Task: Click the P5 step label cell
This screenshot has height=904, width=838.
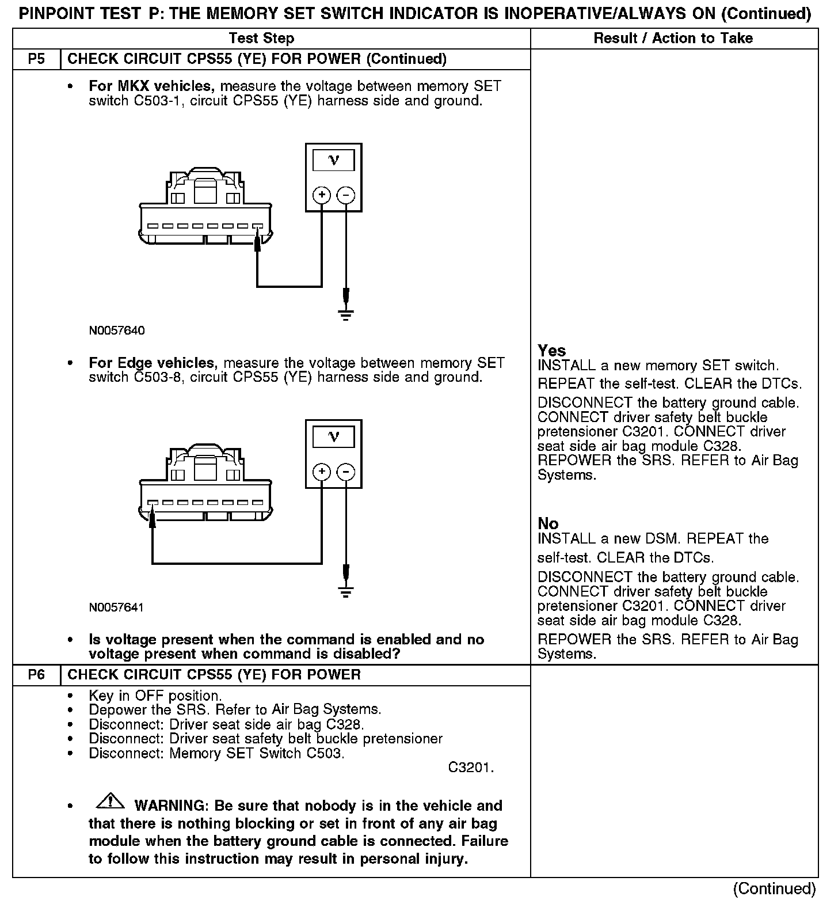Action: point(36,59)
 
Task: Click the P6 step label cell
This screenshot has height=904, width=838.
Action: point(36,675)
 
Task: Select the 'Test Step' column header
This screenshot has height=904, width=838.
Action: point(261,39)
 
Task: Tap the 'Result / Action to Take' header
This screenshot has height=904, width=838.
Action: point(673,39)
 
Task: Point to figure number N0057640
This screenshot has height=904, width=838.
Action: point(117,331)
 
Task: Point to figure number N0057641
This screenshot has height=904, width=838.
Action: point(117,607)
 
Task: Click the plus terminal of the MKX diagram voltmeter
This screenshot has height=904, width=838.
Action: point(322,195)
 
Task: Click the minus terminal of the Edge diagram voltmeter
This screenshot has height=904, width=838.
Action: point(345,472)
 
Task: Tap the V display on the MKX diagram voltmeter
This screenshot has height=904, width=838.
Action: point(333,161)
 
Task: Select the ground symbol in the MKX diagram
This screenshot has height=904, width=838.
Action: point(345,314)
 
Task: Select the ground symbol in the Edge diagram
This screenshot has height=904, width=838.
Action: point(345,591)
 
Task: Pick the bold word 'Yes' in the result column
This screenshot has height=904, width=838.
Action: point(551,351)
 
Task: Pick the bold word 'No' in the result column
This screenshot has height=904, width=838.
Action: point(548,523)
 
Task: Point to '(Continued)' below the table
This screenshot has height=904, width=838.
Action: point(774,888)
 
